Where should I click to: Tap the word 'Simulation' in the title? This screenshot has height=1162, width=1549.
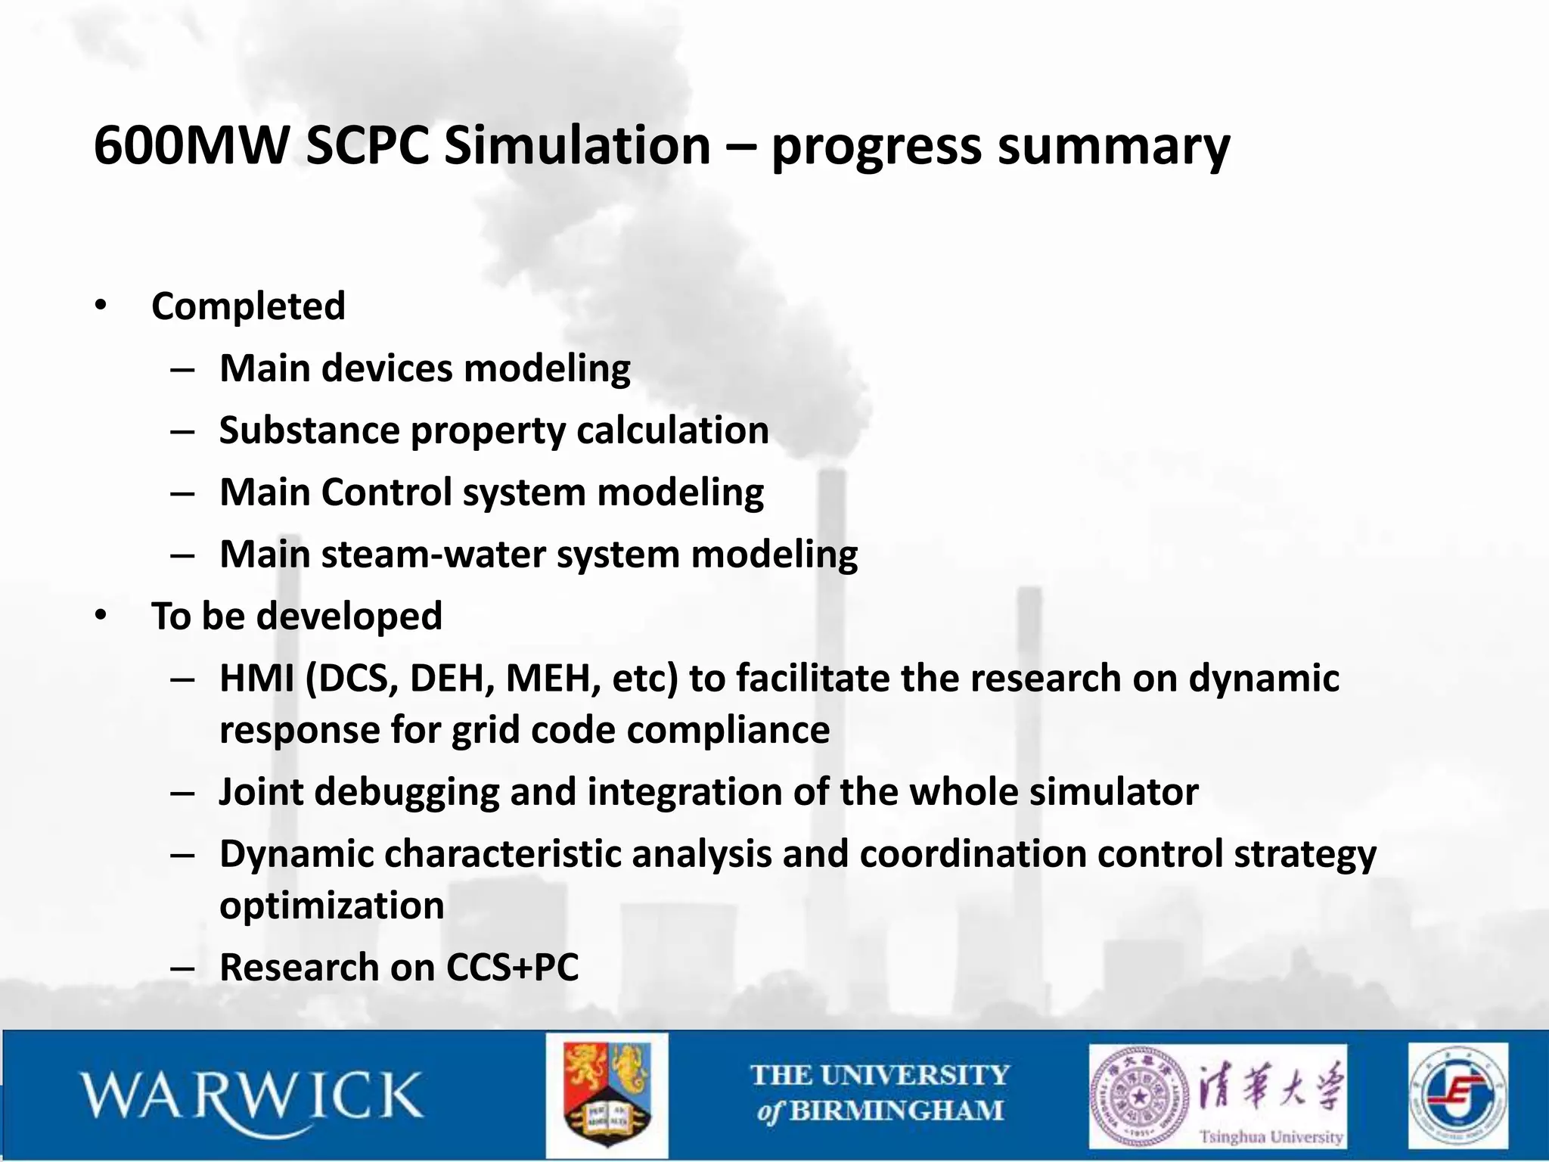(x=577, y=145)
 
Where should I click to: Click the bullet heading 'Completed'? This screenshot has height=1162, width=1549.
(x=248, y=306)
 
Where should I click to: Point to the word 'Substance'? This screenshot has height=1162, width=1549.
(x=309, y=430)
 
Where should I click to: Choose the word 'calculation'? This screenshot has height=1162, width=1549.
(x=672, y=430)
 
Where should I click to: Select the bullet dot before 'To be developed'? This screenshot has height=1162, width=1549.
(x=101, y=615)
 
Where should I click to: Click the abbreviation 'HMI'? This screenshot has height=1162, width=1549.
(x=256, y=678)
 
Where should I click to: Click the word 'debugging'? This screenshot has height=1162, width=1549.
(x=406, y=792)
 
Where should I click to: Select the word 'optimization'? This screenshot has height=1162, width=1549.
(x=331, y=906)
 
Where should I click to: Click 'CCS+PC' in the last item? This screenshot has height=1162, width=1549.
(x=512, y=968)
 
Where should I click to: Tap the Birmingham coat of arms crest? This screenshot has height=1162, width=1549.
(x=607, y=1095)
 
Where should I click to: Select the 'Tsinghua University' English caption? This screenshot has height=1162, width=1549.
(x=1271, y=1136)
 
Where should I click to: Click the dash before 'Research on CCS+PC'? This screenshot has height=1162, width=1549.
(x=183, y=968)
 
